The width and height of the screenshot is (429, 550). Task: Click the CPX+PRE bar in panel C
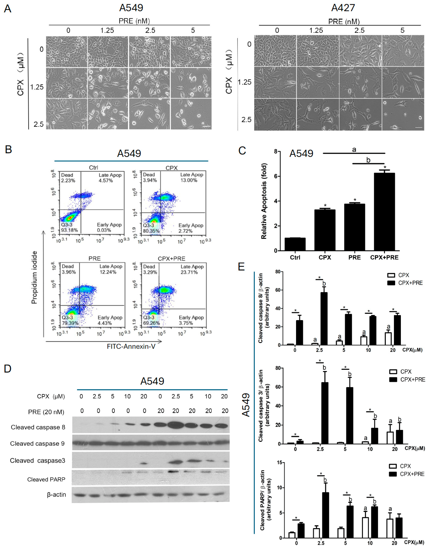tap(384, 212)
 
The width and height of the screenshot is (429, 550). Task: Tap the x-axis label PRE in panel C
tap(354, 257)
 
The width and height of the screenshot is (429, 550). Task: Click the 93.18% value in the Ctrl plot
tap(70, 230)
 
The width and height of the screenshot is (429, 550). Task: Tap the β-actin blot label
tap(56, 495)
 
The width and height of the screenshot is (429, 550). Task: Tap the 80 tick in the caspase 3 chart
tap(278, 368)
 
